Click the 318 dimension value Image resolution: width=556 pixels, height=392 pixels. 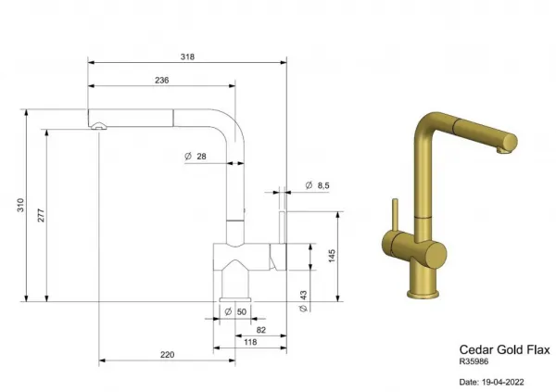(x=187, y=57)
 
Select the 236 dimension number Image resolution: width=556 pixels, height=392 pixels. (x=161, y=81)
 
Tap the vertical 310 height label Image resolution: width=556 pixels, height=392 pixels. (x=20, y=205)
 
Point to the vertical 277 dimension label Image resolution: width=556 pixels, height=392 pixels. (x=41, y=216)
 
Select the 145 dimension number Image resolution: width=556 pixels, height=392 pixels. (x=332, y=256)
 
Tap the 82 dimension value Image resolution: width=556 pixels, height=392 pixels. (x=261, y=330)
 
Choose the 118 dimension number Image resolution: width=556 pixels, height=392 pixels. (x=250, y=342)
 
